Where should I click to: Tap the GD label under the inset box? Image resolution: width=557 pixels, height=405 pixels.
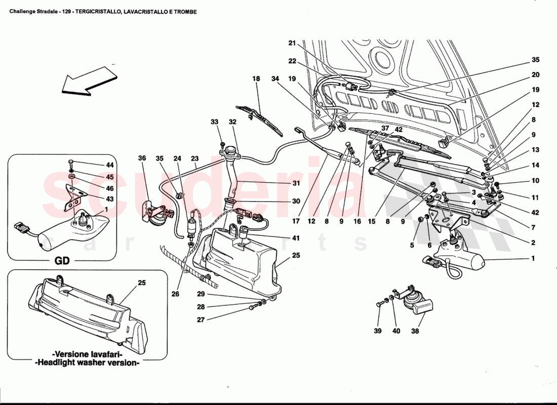(62, 261)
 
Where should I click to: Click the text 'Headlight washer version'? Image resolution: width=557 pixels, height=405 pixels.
(87, 363)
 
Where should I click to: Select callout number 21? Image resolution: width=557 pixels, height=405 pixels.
(292, 44)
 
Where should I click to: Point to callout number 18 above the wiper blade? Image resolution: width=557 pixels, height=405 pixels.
(256, 79)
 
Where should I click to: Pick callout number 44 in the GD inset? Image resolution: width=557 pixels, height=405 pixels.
(110, 165)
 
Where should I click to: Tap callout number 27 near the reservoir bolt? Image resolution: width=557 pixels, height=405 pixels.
(201, 319)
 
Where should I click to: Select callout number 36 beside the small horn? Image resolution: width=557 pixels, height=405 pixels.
(142, 158)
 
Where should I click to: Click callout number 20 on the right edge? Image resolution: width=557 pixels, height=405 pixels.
(536, 75)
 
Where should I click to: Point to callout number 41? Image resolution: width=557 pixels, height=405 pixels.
(296, 237)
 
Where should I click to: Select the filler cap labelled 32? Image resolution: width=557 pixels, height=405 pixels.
(231, 150)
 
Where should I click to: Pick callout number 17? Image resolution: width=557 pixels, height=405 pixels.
(296, 221)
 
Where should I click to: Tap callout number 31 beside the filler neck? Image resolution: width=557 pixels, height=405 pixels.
(296, 183)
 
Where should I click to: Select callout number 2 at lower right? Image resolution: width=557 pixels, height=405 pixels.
(533, 242)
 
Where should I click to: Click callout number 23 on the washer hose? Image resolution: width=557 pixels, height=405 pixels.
(194, 158)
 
